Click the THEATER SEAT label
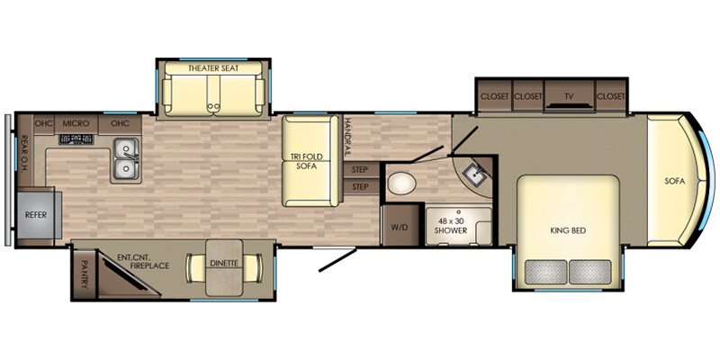[213, 68]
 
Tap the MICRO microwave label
[76, 123]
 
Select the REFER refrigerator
[36, 215]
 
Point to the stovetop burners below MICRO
[76, 139]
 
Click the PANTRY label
[84, 274]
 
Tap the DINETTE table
[224, 267]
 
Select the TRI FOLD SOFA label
[307, 161]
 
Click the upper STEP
[359, 170]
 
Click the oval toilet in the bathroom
[401, 184]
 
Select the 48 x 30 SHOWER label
[452, 227]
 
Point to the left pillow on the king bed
[545, 272]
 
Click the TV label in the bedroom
[570, 96]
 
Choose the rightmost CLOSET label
[611, 96]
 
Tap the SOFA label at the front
[674, 182]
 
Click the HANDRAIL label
[347, 136]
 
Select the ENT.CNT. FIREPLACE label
[143, 262]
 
